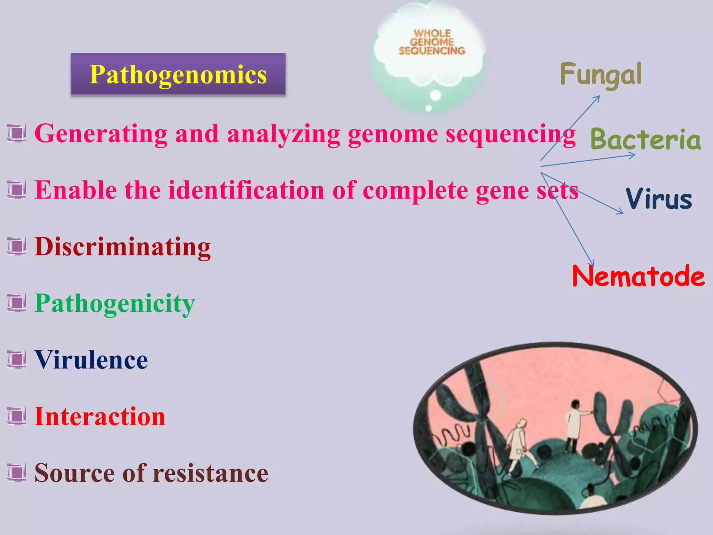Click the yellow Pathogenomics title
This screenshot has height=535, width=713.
tap(178, 75)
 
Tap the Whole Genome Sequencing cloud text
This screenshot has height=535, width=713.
tap(432, 42)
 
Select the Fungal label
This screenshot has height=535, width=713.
tap(601, 74)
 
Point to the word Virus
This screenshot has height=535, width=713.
tap(659, 199)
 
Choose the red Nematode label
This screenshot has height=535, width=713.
tap(638, 276)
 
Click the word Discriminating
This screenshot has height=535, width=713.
tap(123, 247)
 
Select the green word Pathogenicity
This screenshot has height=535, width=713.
tap(115, 303)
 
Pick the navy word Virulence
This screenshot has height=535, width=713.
tap(91, 360)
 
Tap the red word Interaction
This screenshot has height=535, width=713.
tap(100, 417)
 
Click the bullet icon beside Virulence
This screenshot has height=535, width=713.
tap(16, 360)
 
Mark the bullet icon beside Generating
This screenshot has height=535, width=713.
tap(16, 134)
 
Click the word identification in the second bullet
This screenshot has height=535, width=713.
tap(246, 190)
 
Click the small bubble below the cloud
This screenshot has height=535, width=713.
tap(435, 95)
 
